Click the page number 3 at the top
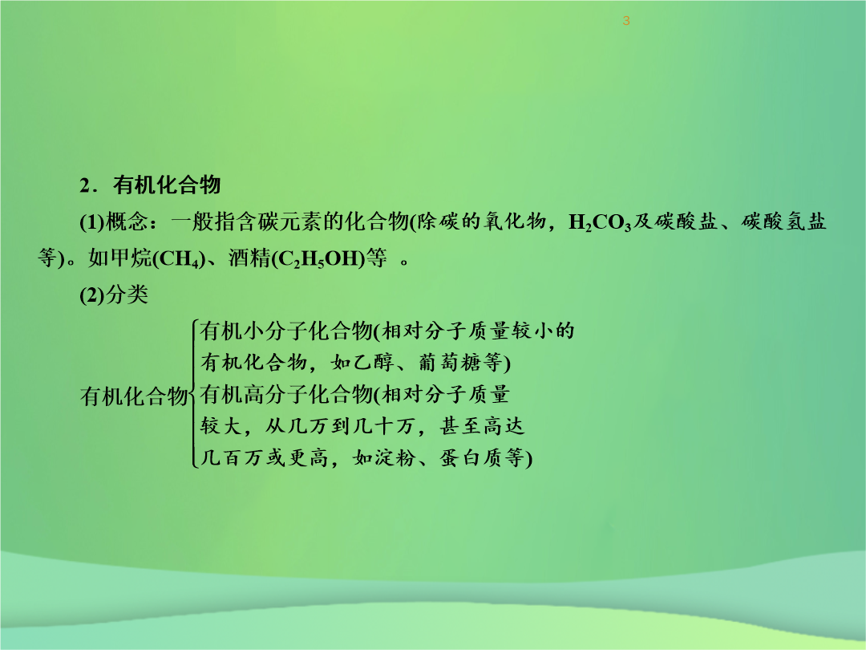tap(625, 21)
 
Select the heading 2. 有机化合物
tap(150, 185)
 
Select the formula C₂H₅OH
tap(319, 259)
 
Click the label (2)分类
tap(114, 295)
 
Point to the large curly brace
tap(194, 393)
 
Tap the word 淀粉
tap(395, 457)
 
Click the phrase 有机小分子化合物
tap(286, 331)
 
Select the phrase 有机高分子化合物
tap(286, 395)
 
